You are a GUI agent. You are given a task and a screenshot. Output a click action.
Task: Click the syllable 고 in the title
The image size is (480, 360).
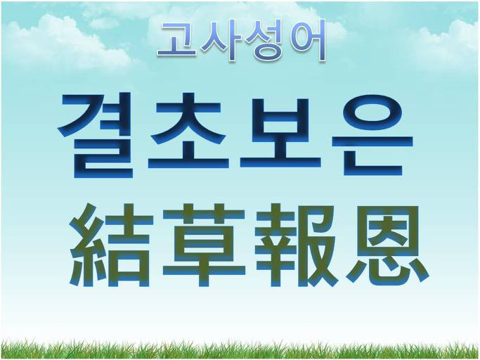click(x=178, y=41)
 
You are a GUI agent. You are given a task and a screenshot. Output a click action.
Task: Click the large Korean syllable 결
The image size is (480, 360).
click(x=95, y=135)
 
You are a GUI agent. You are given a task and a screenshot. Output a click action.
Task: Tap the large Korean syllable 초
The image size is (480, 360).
click(x=188, y=131)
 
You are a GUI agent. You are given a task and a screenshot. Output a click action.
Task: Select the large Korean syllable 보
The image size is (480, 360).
click(x=280, y=133)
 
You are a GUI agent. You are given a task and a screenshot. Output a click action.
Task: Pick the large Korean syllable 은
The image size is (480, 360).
click(x=373, y=135)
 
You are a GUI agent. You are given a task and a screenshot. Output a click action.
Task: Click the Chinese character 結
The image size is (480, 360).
click(x=111, y=245)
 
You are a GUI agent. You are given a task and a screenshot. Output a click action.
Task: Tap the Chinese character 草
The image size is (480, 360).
click(x=204, y=245)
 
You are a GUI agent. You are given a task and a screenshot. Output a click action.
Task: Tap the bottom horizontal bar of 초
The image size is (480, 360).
click(x=188, y=164)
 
